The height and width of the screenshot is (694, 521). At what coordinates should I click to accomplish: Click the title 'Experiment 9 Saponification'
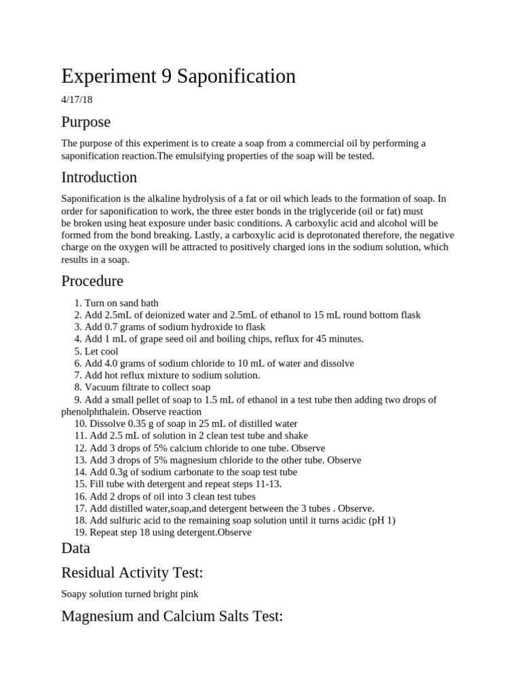point(178,77)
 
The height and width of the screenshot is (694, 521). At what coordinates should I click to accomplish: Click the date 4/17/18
point(77,100)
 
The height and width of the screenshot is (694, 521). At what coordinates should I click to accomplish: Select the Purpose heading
point(86,122)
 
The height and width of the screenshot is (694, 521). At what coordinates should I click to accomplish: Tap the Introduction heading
point(99,178)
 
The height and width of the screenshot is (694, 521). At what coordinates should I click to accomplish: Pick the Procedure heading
point(92,281)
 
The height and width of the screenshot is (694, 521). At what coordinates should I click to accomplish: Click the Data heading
point(75,548)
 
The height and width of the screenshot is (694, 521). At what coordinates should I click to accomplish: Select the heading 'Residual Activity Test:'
point(132,573)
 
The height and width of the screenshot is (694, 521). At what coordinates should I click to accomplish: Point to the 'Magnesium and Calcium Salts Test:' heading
point(172,616)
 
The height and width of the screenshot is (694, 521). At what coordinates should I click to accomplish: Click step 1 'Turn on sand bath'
point(121,303)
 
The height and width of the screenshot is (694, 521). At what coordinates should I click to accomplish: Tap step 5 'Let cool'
point(100,351)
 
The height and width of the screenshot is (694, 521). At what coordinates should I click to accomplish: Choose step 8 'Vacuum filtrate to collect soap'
point(147,388)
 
